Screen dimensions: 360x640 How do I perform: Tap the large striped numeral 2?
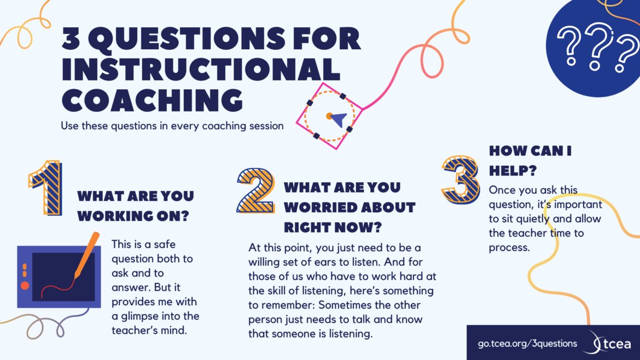click(x=255, y=189)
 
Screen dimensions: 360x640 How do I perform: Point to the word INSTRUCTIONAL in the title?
click(x=200, y=69)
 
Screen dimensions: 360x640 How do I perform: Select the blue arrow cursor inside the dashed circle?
click(x=339, y=119)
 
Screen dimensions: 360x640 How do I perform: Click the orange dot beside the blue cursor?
click(x=329, y=116)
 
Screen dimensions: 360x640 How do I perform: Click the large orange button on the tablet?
click(x=25, y=285)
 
